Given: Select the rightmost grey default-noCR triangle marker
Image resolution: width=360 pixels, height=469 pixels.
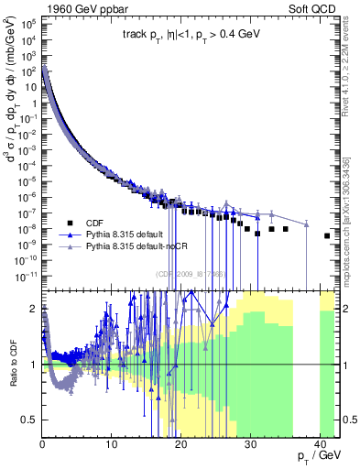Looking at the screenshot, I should [x=306, y=224].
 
